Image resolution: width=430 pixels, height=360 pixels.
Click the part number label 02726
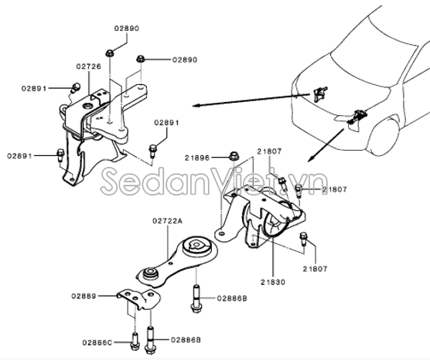89,66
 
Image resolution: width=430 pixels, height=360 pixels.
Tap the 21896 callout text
197,158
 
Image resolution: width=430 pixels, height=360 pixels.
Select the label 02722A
167,221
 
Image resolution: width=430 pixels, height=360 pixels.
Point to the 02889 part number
84,296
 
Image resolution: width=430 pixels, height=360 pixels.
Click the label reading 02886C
97,343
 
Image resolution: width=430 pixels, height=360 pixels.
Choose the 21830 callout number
273,282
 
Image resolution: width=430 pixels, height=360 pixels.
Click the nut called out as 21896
234,156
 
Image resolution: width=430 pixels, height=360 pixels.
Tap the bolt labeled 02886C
135,341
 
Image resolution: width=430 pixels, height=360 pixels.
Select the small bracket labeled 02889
139,299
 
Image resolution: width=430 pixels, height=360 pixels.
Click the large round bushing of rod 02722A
196,244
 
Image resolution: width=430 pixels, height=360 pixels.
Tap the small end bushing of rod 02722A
150,273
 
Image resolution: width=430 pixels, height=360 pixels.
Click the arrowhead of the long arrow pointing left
195,106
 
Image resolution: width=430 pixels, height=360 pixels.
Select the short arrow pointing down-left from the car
326,145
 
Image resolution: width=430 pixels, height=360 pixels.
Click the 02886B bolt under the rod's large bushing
196,299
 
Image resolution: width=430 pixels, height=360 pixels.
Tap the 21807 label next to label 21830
315,269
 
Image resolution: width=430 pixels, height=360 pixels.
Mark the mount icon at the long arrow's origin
319,93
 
